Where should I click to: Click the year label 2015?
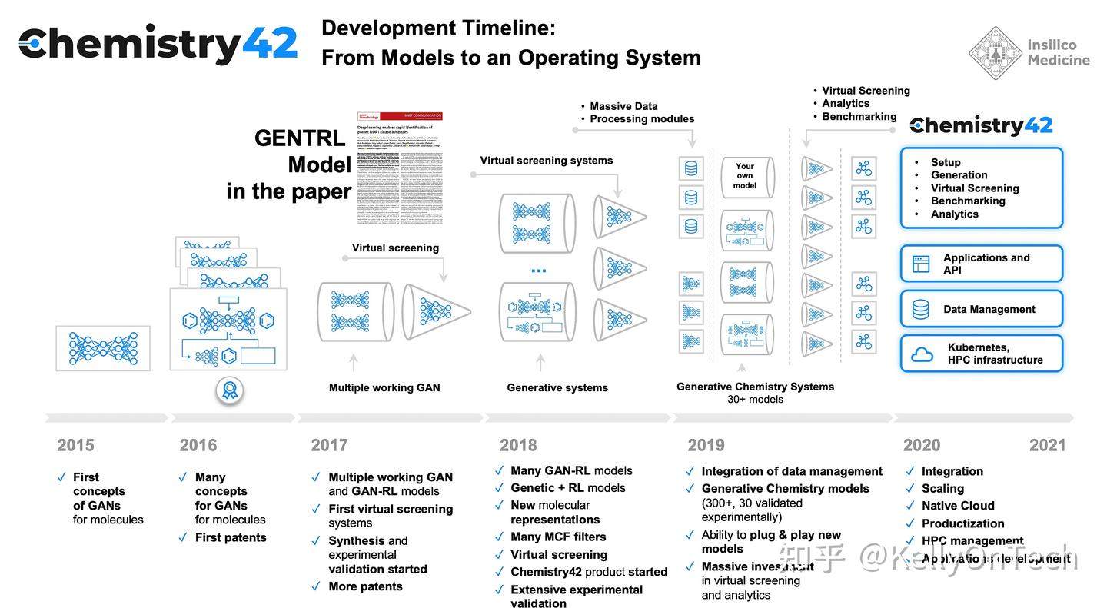tap(75, 445)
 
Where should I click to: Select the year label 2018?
tap(519, 445)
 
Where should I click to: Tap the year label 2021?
tap(1047, 445)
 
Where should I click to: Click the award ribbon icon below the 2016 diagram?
tap(229, 390)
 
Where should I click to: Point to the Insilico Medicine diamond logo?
tap(995, 53)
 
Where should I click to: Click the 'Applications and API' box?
tap(981, 264)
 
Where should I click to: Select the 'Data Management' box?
tap(981, 309)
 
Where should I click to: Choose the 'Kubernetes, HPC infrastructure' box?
tap(981, 354)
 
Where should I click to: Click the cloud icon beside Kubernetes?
tap(922, 354)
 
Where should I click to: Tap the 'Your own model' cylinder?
tap(744, 176)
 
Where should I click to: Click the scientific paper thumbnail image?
tap(400, 168)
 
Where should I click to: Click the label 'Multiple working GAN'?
tap(384, 387)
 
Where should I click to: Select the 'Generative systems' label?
tap(557, 387)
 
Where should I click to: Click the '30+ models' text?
tap(755, 400)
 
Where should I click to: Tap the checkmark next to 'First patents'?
tap(183, 537)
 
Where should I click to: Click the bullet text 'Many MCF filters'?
tap(558, 537)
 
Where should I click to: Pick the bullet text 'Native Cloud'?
tap(958, 506)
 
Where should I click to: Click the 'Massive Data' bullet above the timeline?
tap(623, 106)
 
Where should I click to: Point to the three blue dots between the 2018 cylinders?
tap(538, 271)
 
